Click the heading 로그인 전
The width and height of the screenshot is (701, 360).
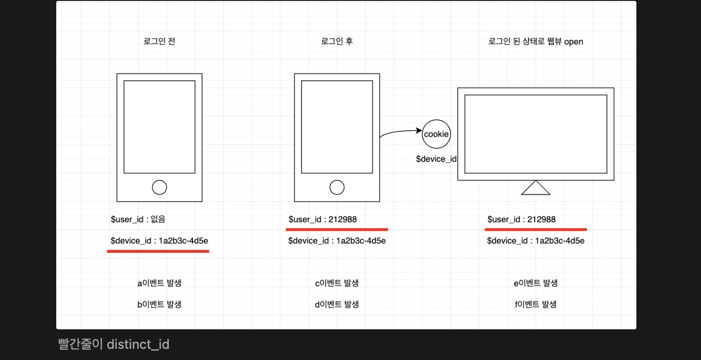[159, 41]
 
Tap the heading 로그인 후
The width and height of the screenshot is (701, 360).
[337, 41]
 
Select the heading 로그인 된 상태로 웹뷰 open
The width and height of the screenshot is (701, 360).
[536, 41]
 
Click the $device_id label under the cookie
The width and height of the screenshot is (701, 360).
[436, 159]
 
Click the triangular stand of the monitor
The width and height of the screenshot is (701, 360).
[536, 194]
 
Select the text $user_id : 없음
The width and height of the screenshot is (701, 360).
[138, 219]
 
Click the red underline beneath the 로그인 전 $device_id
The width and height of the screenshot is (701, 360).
[158, 251]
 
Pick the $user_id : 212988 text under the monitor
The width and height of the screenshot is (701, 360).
[522, 220]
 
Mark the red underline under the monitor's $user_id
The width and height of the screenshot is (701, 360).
[536, 229]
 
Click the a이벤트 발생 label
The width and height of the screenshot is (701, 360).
[159, 283]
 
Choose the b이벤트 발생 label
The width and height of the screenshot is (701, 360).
[159, 304]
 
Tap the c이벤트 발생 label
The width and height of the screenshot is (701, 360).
[337, 283]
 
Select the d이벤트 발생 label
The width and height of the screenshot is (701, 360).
[337, 304]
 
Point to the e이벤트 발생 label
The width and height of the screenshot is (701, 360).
[536, 283]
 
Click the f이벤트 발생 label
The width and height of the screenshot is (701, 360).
[536, 304]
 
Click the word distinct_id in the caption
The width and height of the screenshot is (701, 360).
[138, 344]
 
